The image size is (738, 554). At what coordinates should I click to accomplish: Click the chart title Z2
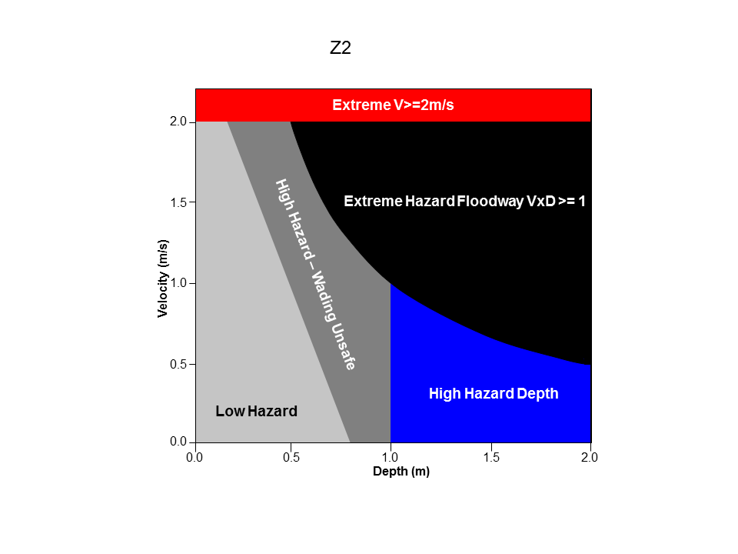(341, 48)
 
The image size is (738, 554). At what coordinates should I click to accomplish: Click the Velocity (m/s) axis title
(162, 279)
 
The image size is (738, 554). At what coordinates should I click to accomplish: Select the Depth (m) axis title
(401, 472)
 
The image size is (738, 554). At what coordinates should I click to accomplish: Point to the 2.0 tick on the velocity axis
(179, 122)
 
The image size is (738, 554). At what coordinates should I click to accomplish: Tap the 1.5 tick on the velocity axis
(179, 202)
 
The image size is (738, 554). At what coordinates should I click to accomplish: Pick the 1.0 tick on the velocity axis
(179, 283)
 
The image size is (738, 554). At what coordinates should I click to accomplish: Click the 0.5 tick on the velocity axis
(179, 364)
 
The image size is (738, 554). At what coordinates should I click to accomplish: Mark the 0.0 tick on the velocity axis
(179, 442)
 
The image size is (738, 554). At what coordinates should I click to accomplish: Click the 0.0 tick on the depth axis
(194, 457)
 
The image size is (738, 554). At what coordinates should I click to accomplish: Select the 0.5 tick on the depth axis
(291, 457)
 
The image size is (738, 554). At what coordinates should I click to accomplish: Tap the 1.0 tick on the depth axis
(391, 457)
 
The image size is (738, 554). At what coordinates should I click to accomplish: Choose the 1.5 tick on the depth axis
(491, 457)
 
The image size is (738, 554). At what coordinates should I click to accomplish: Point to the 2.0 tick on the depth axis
(590, 457)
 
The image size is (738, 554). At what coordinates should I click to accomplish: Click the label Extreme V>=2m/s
(393, 105)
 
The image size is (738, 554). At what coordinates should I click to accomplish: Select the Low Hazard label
(256, 412)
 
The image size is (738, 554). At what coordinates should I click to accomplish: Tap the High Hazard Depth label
(493, 394)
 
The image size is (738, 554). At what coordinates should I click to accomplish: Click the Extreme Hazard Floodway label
(464, 202)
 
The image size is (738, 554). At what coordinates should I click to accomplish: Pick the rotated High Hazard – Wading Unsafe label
(315, 274)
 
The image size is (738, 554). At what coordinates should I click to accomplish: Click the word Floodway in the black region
(487, 202)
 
